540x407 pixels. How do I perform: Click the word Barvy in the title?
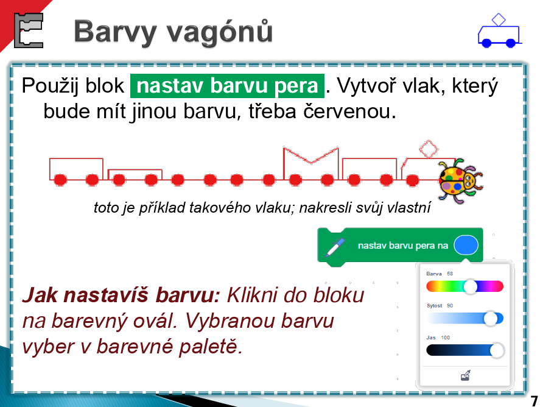[x=116, y=32]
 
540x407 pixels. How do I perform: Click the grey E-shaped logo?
[x=29, y=30]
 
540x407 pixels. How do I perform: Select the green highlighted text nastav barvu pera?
[x=227, y=86]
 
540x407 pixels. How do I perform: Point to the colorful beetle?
[x=460, y=180]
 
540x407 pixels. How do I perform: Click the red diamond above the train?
[x=429, y=149]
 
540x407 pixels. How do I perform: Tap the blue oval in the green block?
[x=466, y=246]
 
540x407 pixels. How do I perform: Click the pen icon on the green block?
[x=335, y=247]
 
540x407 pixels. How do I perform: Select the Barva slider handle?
[x=471, y=286]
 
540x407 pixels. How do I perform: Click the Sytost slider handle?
[x=491, y=319]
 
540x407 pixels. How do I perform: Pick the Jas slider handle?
[x=497, y=350]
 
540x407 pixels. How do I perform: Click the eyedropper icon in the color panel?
[x=465, y=375]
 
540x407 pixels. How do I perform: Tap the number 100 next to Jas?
[x=445, y=338]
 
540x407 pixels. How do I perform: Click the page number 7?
[x=534, y=401]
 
